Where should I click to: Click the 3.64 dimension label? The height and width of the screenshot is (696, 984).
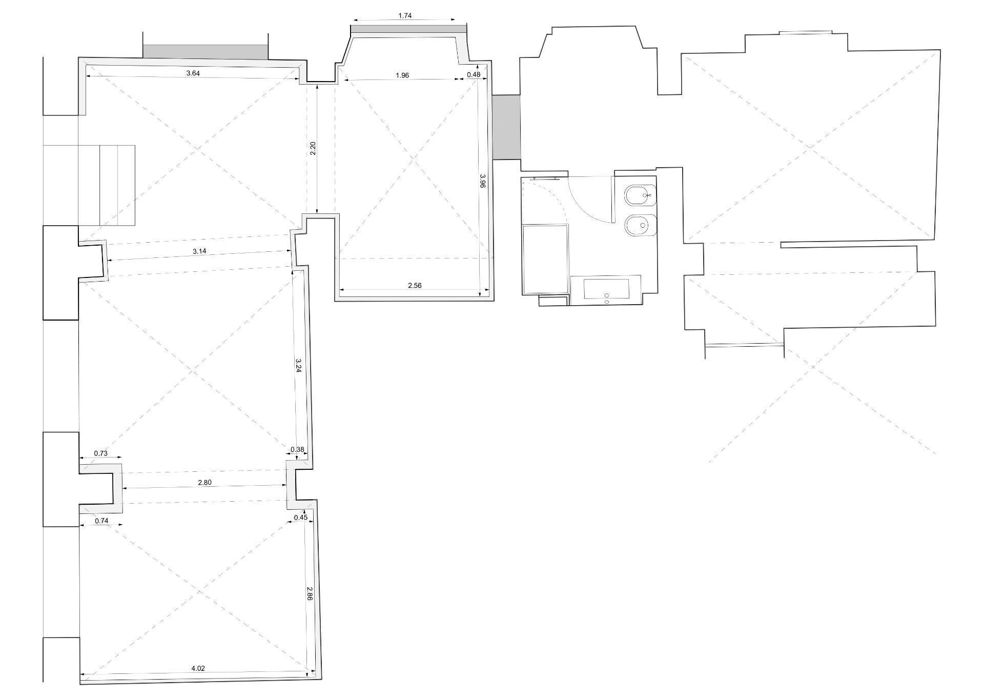click(x=193, y=73)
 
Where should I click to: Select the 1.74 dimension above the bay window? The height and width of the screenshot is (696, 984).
click(x=405, y=16)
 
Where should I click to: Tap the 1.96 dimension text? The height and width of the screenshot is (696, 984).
click(x=402, y=75)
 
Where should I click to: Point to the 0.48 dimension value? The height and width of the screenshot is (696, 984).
click(x=474, y=75)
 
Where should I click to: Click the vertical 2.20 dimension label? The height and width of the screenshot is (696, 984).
click(x=313, y=148)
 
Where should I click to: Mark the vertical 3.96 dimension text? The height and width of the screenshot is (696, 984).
click(x=482, y=181)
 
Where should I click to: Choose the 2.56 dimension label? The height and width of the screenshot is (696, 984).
click(x=415, y=286)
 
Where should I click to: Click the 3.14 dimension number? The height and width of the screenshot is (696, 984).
click(x=199, y=251)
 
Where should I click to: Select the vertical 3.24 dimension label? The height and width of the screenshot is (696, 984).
click(x=299, y=365)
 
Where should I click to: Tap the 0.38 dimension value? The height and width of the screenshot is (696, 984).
click(x=297, y=450)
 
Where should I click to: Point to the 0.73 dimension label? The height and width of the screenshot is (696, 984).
click(x=101, y=453)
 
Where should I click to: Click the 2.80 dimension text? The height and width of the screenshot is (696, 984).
click(x=204, y=482)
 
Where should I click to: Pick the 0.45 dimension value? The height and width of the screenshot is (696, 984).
click(x=301, y=518)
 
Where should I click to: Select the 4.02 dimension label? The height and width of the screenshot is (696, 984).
click(x=198, y=668)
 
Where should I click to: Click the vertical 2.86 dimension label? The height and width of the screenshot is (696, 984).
click(x=310, y=593)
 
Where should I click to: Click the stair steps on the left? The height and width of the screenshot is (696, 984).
click(x=107, y=185)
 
